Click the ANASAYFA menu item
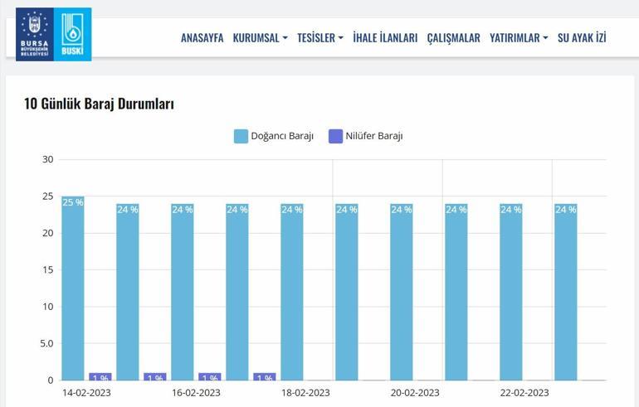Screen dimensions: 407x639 coord(202,38)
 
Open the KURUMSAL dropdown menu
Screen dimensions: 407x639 coord(260,38)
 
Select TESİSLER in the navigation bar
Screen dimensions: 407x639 coord(319,38)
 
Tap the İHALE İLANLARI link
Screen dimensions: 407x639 coord(385,38)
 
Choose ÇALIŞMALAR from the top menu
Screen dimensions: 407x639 coord(453,38)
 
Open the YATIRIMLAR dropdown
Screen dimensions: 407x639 coord(518,38)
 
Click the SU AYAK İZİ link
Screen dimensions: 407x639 coord(582,38)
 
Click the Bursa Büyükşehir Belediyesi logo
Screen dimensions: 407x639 coord(34,35)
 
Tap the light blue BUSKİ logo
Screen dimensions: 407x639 coord(73,35)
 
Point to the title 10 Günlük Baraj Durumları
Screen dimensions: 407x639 coord(99,104)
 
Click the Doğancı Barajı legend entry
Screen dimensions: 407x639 coord(274,136)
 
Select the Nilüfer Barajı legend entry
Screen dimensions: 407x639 coord(366,136)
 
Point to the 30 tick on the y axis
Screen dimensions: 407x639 coord(48,160)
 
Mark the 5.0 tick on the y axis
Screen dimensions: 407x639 coord(46,343)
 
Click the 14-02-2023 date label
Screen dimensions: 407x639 coord(86,393)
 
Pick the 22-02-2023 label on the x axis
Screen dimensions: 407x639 coord(524,393)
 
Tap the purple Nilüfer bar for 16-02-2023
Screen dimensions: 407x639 coord(209,376)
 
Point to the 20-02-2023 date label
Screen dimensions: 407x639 coord(415,393)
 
